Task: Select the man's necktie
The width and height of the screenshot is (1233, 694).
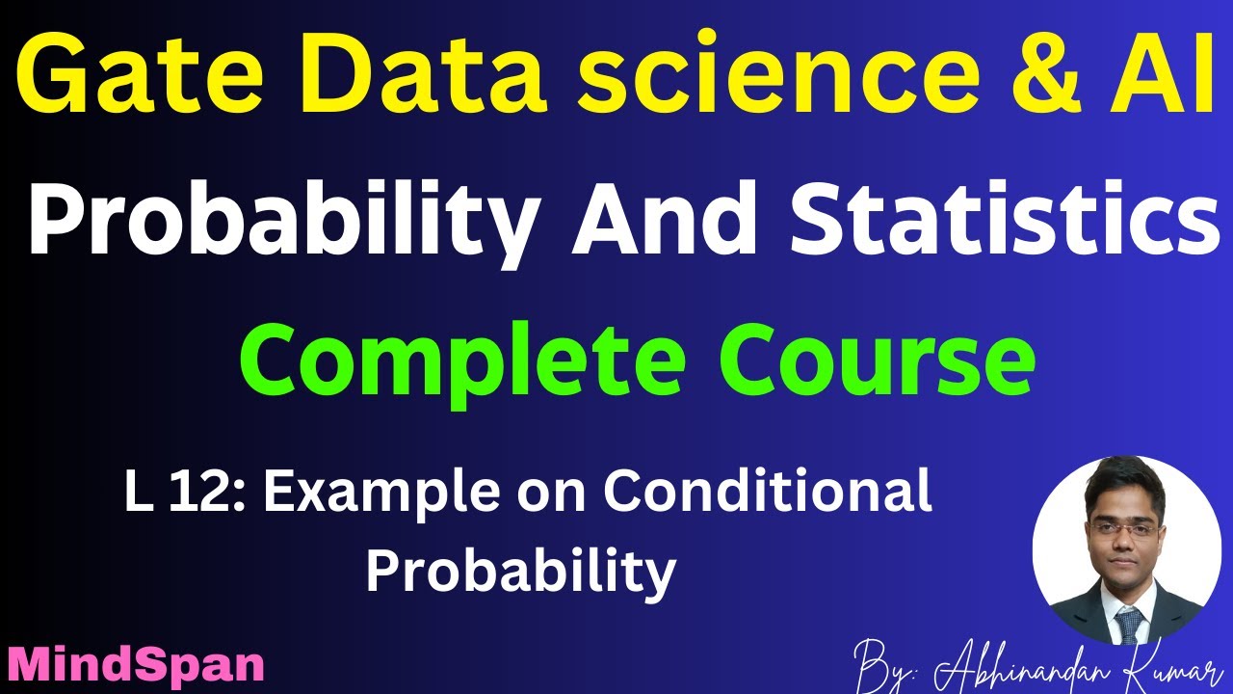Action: [1127, 621]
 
